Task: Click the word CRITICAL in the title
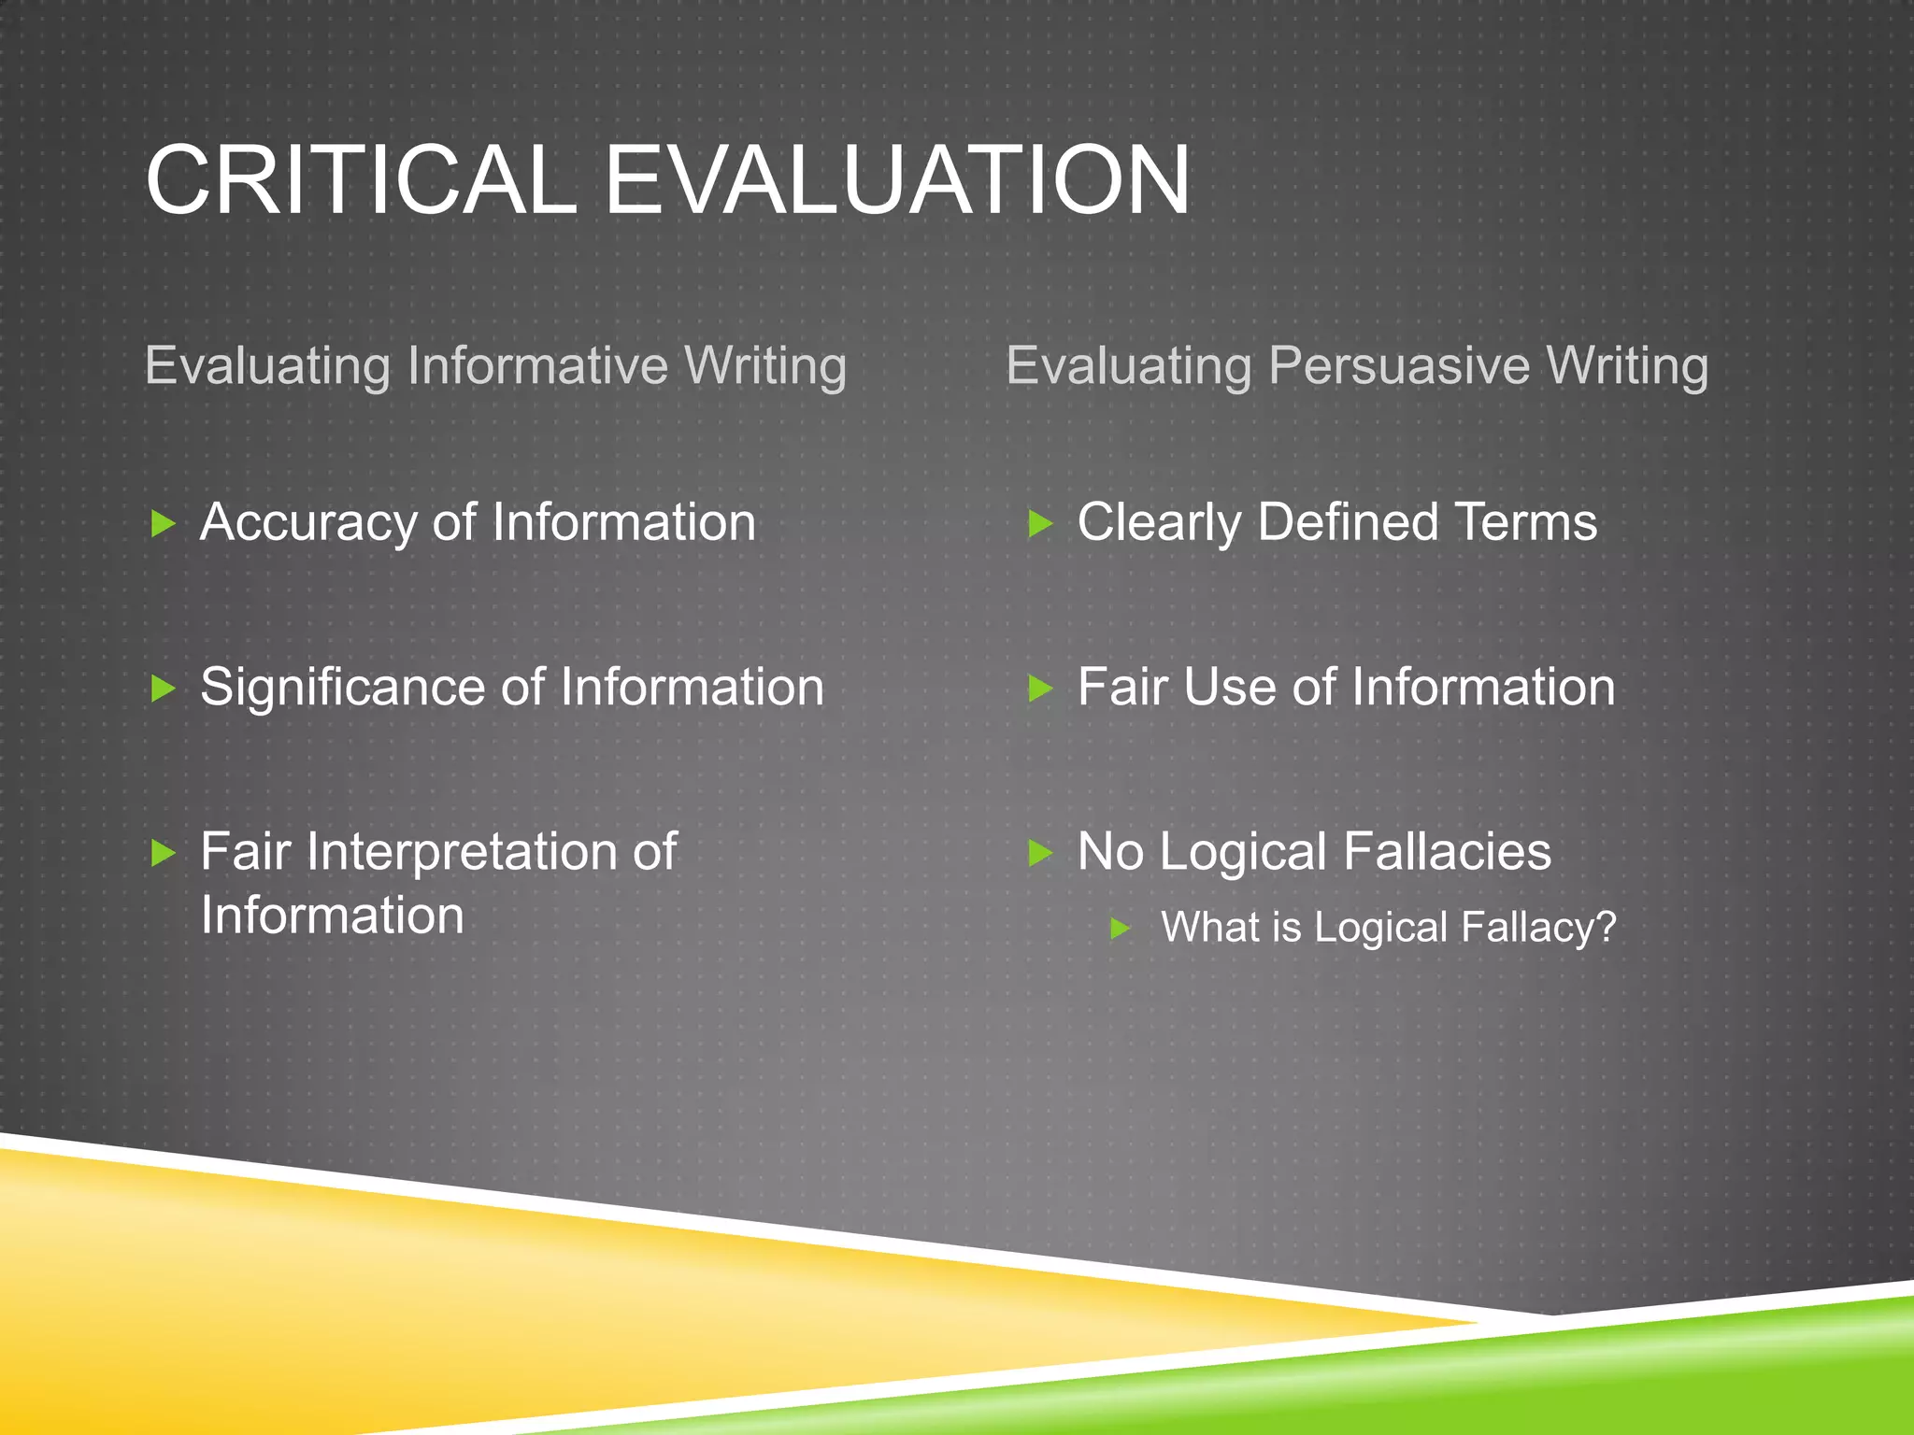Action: click(361, 180)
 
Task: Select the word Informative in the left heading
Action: click(537, 365)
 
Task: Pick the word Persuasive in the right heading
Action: click(1399, 365)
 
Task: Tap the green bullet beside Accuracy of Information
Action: click(164, 523)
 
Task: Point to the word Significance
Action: click(343, 689)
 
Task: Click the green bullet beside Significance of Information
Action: click(164, 689)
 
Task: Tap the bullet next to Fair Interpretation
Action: click(164, 852)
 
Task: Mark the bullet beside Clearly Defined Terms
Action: click(1040, 523)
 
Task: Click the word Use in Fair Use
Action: click(1230, 688)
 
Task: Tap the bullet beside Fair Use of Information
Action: click(1040, 689)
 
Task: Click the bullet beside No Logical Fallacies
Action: click(1040, 852)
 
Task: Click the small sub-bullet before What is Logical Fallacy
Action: click(1121, 929)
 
